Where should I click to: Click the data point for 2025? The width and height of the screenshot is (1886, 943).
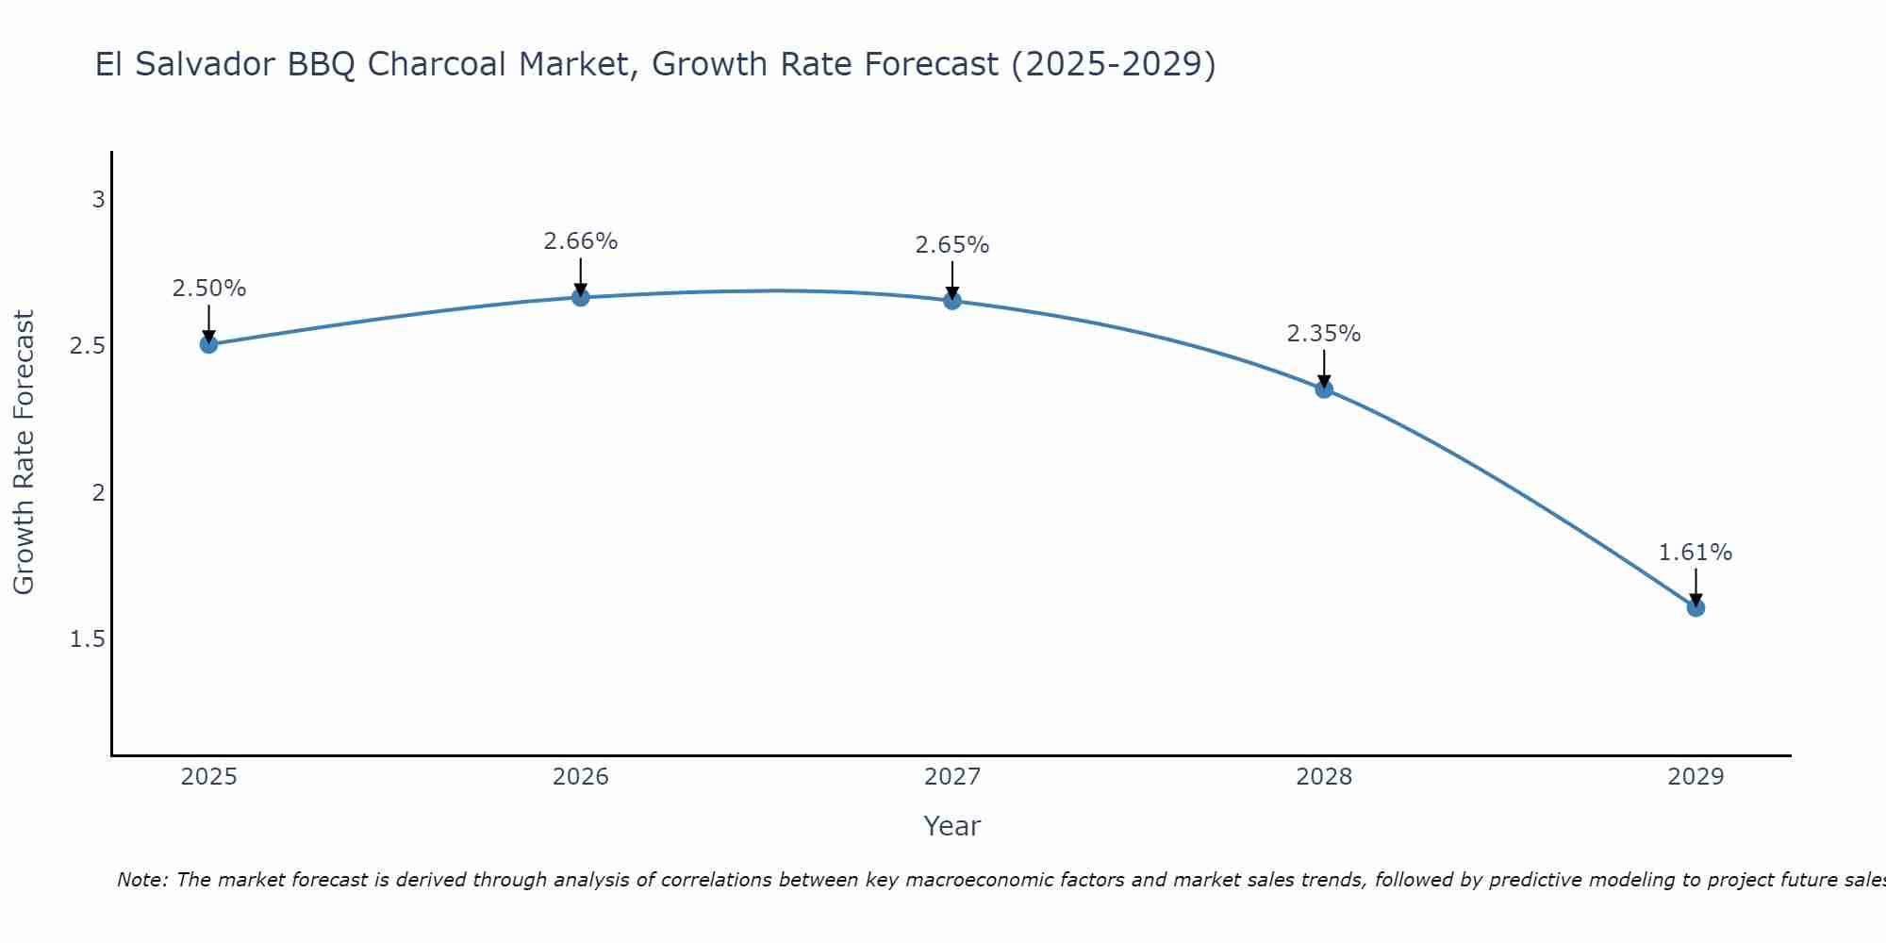tap(208, 344)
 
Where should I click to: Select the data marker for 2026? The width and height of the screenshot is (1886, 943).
tap(581, 297)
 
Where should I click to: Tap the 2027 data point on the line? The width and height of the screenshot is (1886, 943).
tap(952, 301)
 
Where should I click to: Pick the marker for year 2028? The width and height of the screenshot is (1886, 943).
tap(1324, 389)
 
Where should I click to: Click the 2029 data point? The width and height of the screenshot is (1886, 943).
tap(1696, 607)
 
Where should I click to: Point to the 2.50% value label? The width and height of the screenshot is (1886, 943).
tap(208, 289)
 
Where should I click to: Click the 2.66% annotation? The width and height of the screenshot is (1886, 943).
tap(581, 241)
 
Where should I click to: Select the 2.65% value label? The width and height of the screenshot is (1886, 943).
tap(952, 245)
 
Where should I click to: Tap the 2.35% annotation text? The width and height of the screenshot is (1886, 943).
tap(1324, 334)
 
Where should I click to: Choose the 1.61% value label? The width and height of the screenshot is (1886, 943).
tap(1696, 553)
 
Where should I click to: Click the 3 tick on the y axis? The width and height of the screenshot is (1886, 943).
tap(98, 200)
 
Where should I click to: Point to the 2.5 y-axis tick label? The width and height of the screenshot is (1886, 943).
tap(88, 346)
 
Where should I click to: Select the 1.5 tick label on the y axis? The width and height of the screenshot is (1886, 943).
tap(88, 639)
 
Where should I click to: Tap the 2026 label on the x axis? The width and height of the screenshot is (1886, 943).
tap(581, 777)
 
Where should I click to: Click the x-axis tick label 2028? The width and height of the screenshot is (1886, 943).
tap(1324, 777)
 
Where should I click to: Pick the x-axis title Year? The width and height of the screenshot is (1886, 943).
tap(952, 826)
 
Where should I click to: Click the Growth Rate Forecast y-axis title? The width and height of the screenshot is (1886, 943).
tap(24, 452)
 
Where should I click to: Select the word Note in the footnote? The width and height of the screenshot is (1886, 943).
tap(141, 880)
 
